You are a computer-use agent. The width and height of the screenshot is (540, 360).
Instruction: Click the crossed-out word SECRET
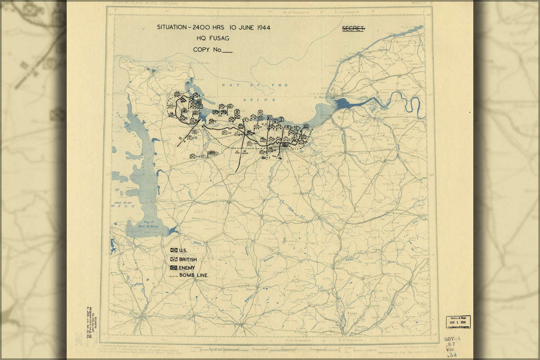(353, 28)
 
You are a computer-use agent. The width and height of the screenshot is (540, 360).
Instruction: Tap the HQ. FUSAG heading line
(213, 39)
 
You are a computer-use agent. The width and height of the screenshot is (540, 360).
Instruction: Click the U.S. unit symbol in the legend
(174, 250)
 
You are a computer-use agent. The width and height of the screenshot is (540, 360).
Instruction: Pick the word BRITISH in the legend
(188, 260)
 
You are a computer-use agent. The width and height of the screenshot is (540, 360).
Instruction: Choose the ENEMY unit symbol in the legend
(174, 268)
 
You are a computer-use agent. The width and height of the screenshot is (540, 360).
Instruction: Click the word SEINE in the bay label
(259, 100)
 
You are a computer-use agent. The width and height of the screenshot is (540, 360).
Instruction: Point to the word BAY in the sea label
(228, 85)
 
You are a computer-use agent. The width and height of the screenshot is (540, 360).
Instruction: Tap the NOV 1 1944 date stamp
(458, 322)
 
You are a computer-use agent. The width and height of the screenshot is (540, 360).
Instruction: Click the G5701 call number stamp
(452, 339)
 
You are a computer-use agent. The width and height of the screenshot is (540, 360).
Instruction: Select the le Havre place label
(320, 97)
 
